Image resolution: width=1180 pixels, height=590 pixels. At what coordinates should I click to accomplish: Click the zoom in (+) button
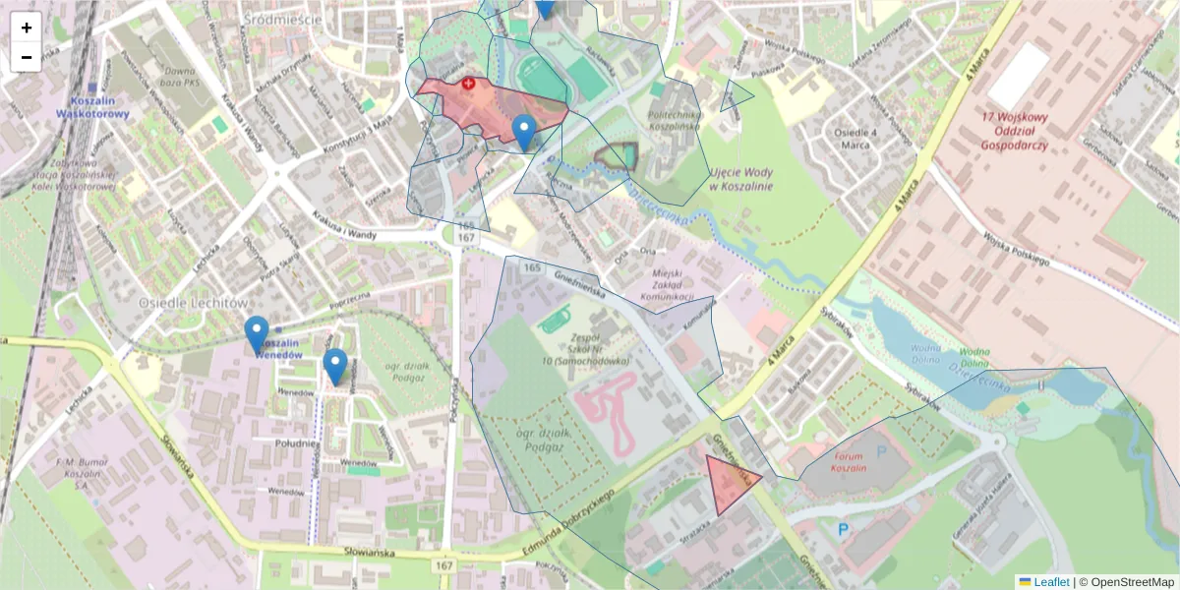tap(27, 28)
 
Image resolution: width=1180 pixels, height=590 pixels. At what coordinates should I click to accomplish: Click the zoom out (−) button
tap(27, 57)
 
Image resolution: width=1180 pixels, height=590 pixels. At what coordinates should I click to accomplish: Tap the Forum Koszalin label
tap(849, 461)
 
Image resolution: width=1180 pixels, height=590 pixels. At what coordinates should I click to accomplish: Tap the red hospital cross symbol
tap(469, 85)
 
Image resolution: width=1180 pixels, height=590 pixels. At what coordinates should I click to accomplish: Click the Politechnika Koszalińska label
tap(673, 120)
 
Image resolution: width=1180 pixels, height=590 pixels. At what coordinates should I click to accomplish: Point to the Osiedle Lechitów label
tap(193, 303)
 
